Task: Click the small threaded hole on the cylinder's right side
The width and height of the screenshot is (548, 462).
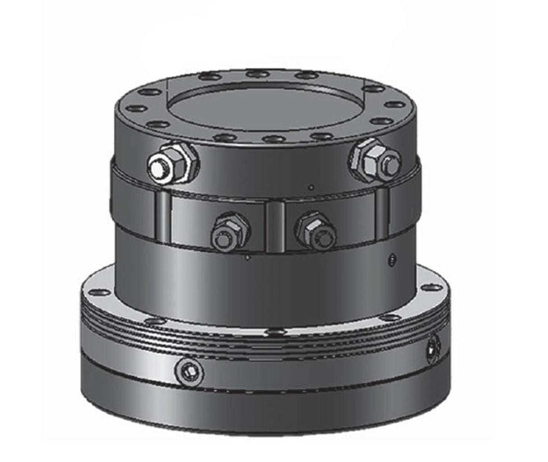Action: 392,259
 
